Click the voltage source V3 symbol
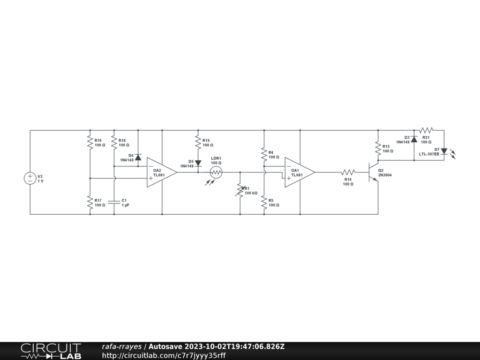(30, 178)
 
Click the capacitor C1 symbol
(114, 202)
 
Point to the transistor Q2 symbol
(374, 172)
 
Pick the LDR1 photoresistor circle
(216, 172)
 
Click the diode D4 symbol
(138, 157)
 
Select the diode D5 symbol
(198, 163)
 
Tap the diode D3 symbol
(414, 139)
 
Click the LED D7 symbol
(444, 151)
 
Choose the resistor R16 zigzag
(90, 142)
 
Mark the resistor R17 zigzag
(90, 202)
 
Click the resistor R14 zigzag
(348, 172)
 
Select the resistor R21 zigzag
(426, 130)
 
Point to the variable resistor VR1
(240, 190)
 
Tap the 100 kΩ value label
(251, 193)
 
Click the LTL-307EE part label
(429, 154)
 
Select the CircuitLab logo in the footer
(51, 351)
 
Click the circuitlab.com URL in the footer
(164, 355)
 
